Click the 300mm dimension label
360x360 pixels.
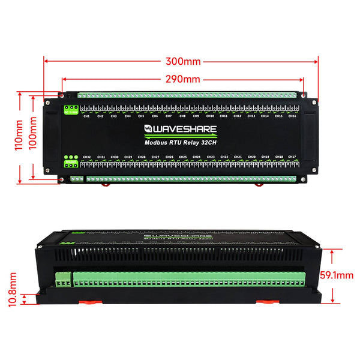tap(184, 61)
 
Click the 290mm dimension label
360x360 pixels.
tap(183, 79)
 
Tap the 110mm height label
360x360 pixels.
tap(19, 136)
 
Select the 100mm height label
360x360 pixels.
tap(32, 134)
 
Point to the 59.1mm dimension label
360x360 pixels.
tap(335, 275)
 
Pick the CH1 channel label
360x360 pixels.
tap(86, 116)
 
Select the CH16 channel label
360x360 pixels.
tap(292, 116)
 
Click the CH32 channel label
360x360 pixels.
tap(86, 157)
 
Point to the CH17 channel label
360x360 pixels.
tap(292, 157)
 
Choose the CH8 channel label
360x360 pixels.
tap(182, 116)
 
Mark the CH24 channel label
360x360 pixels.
tap(196, 157)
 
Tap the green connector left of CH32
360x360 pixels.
tap(71, 162)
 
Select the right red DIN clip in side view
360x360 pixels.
tap(265, 301)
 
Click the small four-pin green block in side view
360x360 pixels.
tap(63, 280)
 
